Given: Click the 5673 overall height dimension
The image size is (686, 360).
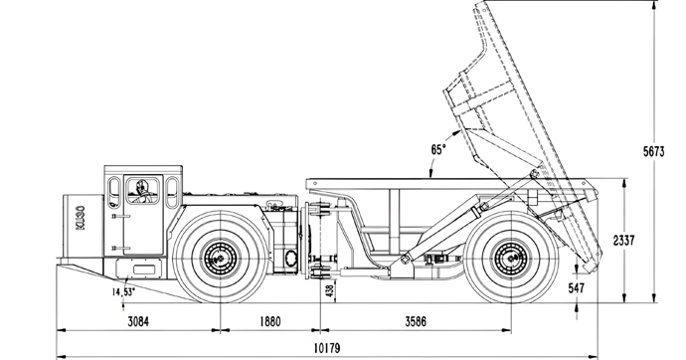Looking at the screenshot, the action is pos(653,151).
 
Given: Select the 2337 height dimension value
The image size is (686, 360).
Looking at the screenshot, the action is pos(623,240).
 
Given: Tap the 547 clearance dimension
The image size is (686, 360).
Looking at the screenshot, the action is pos(577,287).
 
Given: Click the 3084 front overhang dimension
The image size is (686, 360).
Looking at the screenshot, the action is pos(138,321).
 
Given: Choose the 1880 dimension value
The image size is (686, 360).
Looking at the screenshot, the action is pos(270,321).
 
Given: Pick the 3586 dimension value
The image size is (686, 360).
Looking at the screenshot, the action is pos(416,321).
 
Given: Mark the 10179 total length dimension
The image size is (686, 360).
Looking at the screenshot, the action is pos(327,349).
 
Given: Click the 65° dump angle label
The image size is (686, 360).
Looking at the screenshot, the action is pos(438,149).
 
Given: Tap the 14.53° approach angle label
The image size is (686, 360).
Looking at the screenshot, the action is pos(123,292).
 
